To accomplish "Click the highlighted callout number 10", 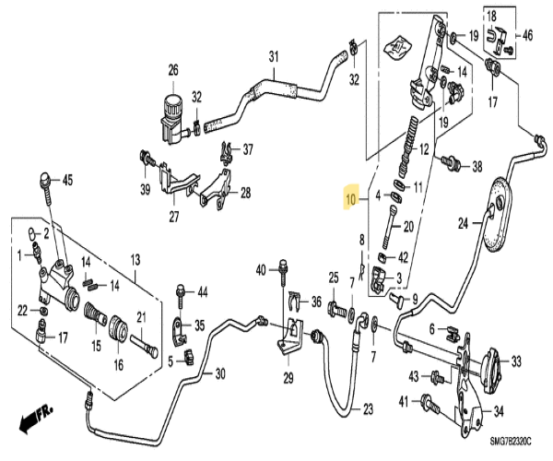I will pyautogui.click(x=350, y=198).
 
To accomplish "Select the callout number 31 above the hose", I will pyautogui.click(x=273, y=57).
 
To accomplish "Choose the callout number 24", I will pyautogui.click(x=465, y=221).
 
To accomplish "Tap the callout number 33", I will pyautogui.click(x=516, y=360).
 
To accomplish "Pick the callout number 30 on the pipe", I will pyautogui.click(x=219, y=372).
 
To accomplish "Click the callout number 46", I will pyautogui.click(x=528, y=36).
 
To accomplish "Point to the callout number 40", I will pyautogui.click(x=261, y=269).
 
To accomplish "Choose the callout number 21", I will pyautogui.click(x=142, y=318).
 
